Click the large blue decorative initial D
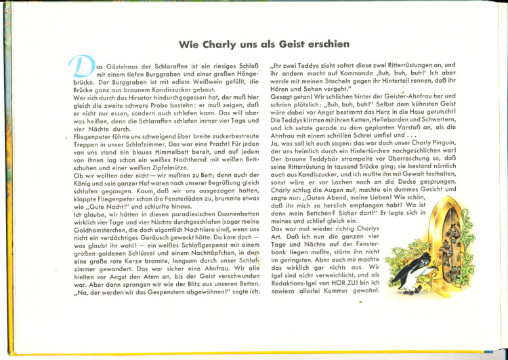(79, 67)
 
